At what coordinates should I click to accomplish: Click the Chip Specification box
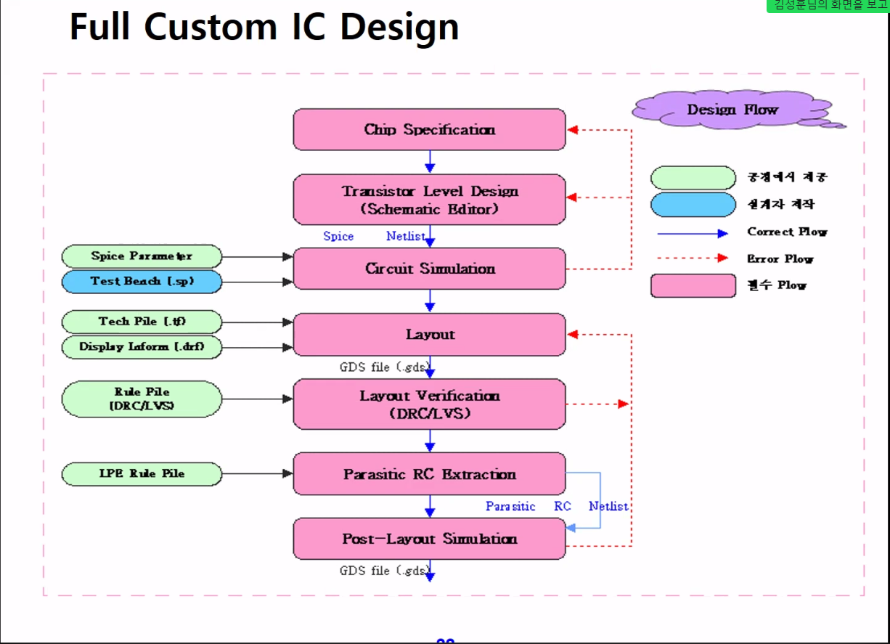[x=429, y=129]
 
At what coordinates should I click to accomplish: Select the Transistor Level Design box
[x=429, y=200]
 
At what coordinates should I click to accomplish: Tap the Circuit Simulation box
[x=429, y=269]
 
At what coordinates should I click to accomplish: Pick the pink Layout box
[x=429, y=335]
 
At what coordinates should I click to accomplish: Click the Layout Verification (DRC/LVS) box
[x=429, y=404]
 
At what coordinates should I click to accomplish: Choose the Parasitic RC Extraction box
[x=429, y=474]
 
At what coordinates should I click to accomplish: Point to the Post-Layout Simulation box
[x=429, y=539]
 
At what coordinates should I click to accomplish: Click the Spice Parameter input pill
[x=142, y=256]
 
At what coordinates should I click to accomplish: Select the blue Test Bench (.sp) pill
[x=142, y=282]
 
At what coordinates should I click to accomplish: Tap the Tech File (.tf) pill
[x=142, y=322]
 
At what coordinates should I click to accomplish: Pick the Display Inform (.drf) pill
[x=142, y=347]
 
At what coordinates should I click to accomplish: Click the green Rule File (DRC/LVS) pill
[x=142, y=399]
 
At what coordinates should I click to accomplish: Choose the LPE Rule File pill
[x=142, y=474]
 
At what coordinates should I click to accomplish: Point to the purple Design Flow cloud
[x=732, y=110]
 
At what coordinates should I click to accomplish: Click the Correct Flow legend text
[x=787, y=232]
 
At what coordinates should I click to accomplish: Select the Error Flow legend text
[x=780, y=259]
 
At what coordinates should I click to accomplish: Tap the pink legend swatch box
[x=693, y=285]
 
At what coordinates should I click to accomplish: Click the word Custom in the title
[x=211, y=28]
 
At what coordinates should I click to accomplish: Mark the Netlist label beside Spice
[x=406, y=237]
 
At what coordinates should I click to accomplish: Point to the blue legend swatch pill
[x=693, y=205]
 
